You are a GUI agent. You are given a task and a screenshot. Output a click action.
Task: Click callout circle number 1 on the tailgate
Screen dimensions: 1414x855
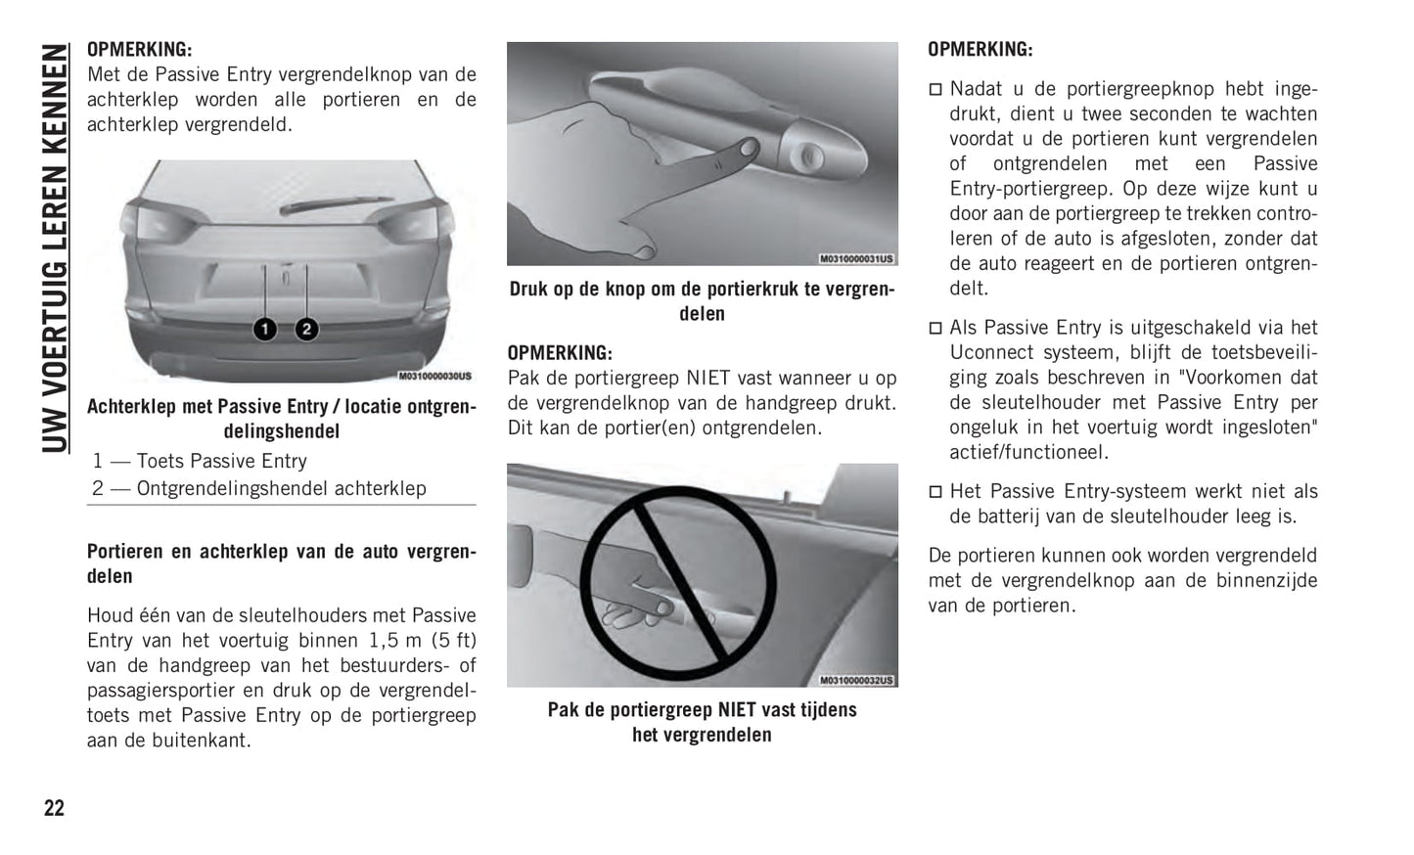[x=265, y=330]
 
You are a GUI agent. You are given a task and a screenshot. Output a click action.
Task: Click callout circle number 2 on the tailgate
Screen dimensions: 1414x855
[x=307, y=330]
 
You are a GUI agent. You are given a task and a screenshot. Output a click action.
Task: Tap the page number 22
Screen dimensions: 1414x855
[x=54, y=808]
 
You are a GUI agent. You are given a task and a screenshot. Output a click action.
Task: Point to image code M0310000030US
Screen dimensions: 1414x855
[x=434, y=376]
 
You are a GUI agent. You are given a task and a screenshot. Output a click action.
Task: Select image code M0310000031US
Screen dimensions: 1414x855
[x=856, y=258]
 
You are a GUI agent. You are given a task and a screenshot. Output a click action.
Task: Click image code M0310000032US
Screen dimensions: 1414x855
[x=856, y=680]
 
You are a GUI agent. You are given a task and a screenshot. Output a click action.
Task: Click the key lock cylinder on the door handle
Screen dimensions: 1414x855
[x=808, y=156]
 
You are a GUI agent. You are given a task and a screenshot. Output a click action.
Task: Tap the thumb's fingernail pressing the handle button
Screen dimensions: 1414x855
[x=749, y=149]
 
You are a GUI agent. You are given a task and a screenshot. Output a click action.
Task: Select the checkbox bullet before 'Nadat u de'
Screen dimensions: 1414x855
[x=935, y=90]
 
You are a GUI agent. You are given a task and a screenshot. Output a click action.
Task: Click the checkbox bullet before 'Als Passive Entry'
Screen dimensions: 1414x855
[x=935, y=328]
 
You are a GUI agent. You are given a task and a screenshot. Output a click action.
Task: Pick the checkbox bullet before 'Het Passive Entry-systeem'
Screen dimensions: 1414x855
[x=935, y=491]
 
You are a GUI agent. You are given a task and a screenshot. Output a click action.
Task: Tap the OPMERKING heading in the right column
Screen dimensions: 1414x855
[x=980, y=49]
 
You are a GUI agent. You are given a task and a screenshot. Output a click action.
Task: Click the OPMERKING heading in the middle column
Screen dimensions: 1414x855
[x=560, y=353]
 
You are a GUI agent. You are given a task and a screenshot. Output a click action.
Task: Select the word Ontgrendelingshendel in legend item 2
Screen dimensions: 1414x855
[x=232, y=488]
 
